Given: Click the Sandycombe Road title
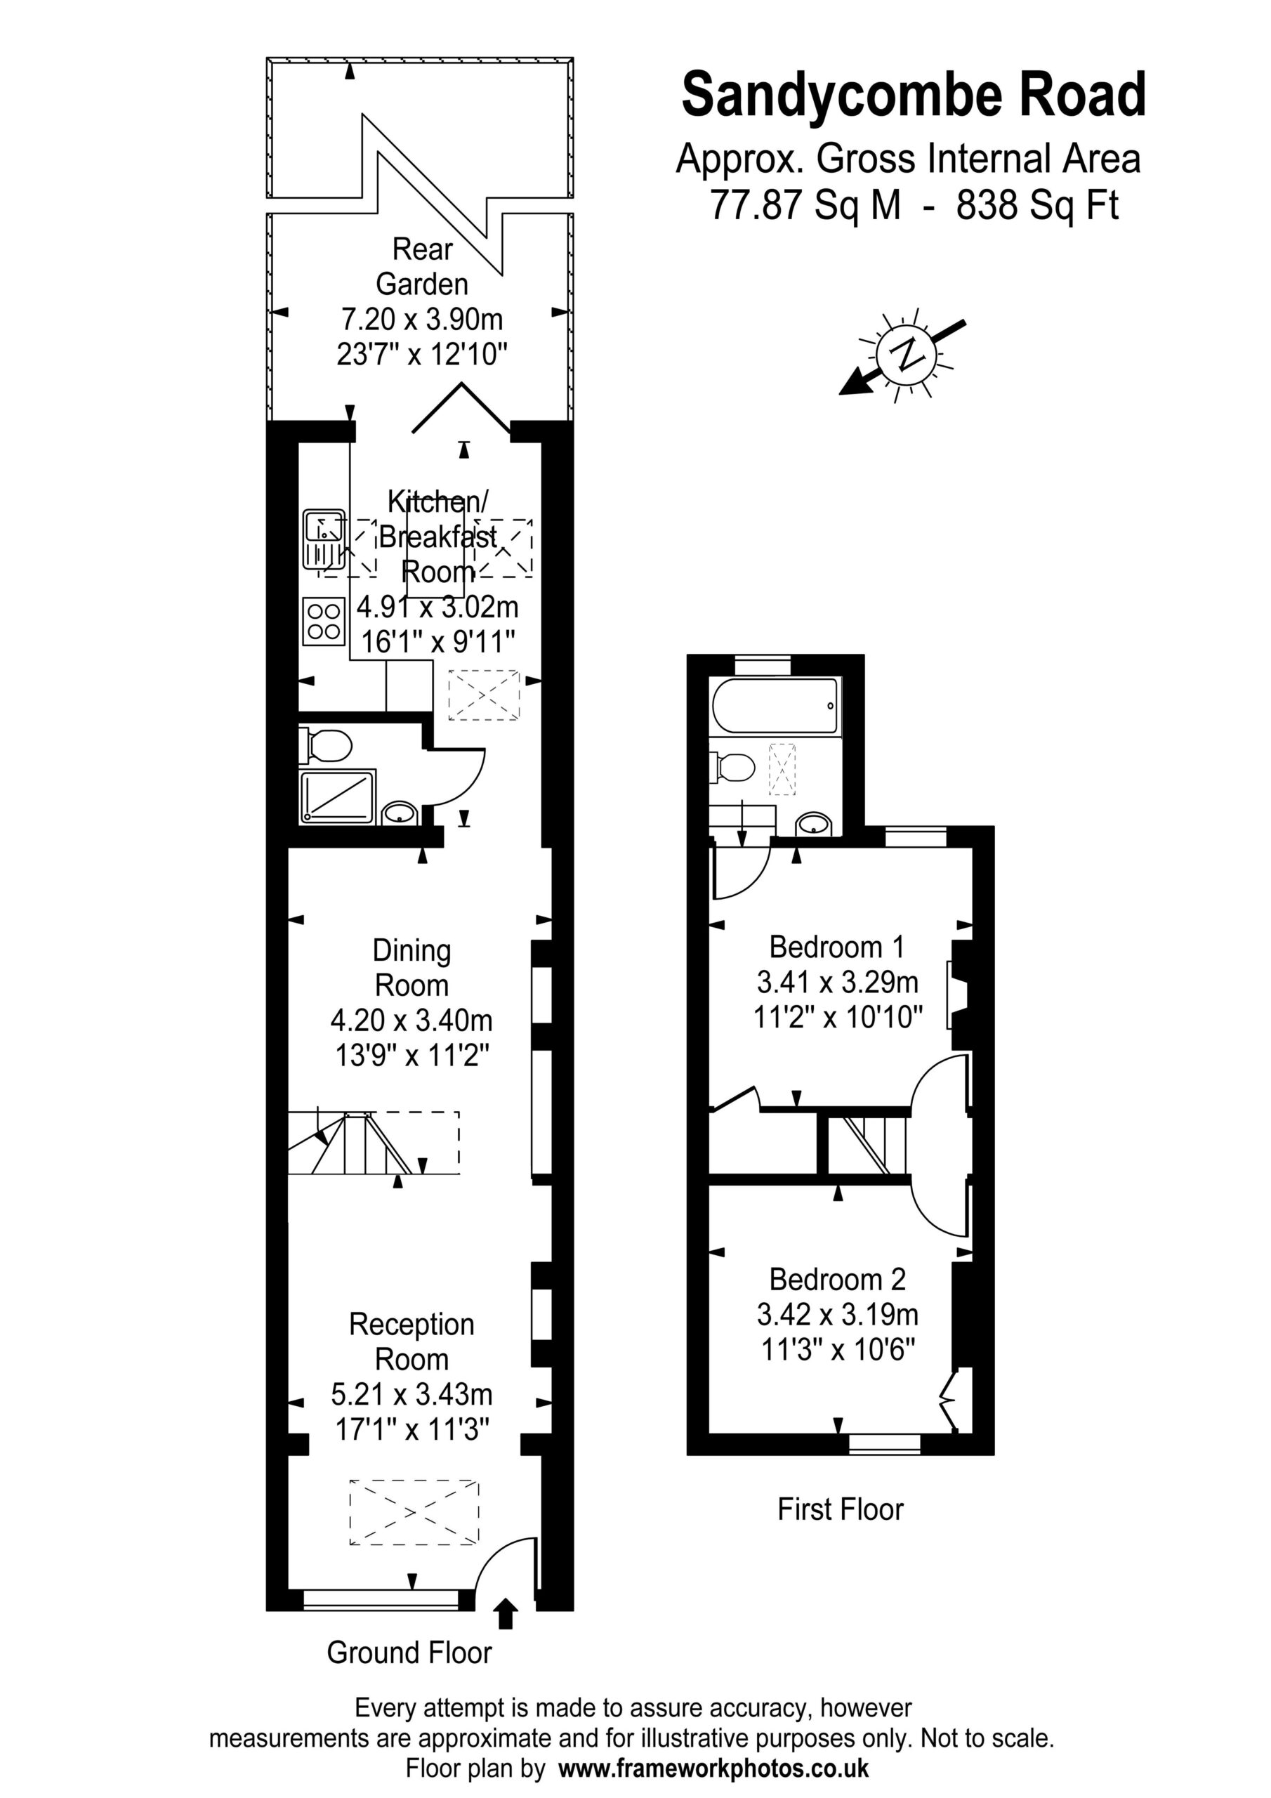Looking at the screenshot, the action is [x=913, y=96].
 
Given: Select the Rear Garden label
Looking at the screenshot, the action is [x=422, y=266].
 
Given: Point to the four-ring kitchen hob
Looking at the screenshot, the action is [x=324, y=621].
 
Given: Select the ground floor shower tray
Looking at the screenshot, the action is [x=337, y=796].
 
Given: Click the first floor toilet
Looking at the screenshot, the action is [x=732, y=768].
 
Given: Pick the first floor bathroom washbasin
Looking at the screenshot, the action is [x=814, y=824].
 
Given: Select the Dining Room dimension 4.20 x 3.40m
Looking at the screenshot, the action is [x=412, y=1021].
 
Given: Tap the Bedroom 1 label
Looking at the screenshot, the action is [x=837, y=947].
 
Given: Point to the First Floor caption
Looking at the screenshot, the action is [x=841, y=1509].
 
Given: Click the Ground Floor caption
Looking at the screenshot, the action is [x=409, y=1653].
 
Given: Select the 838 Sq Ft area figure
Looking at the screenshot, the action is [x=1038, y=205].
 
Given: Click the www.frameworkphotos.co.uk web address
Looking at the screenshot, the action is [x=713, y=1769].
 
